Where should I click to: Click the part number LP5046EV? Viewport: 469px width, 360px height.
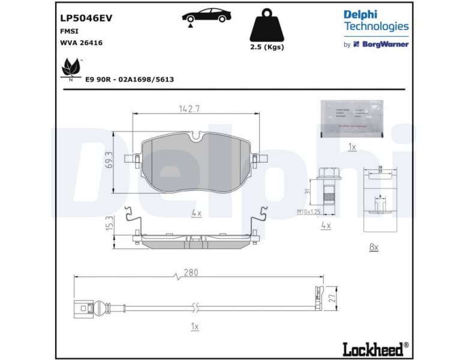[86, 18]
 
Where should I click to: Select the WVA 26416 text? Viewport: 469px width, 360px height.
[81, 43]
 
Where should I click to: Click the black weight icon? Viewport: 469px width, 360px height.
[266, 25]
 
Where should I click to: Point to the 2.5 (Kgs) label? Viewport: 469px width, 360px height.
[267, 47]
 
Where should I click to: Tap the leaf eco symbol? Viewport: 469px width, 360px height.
[71, 67]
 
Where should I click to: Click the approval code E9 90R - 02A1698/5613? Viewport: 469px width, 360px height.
[130, 79]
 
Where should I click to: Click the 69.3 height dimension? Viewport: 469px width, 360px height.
[109, 160]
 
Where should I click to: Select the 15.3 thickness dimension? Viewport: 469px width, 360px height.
[109, 224]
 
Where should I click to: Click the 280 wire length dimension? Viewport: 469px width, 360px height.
[191, 272]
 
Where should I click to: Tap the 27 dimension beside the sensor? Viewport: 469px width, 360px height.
[332, 298]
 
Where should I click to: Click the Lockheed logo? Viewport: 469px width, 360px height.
[375, 348]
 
